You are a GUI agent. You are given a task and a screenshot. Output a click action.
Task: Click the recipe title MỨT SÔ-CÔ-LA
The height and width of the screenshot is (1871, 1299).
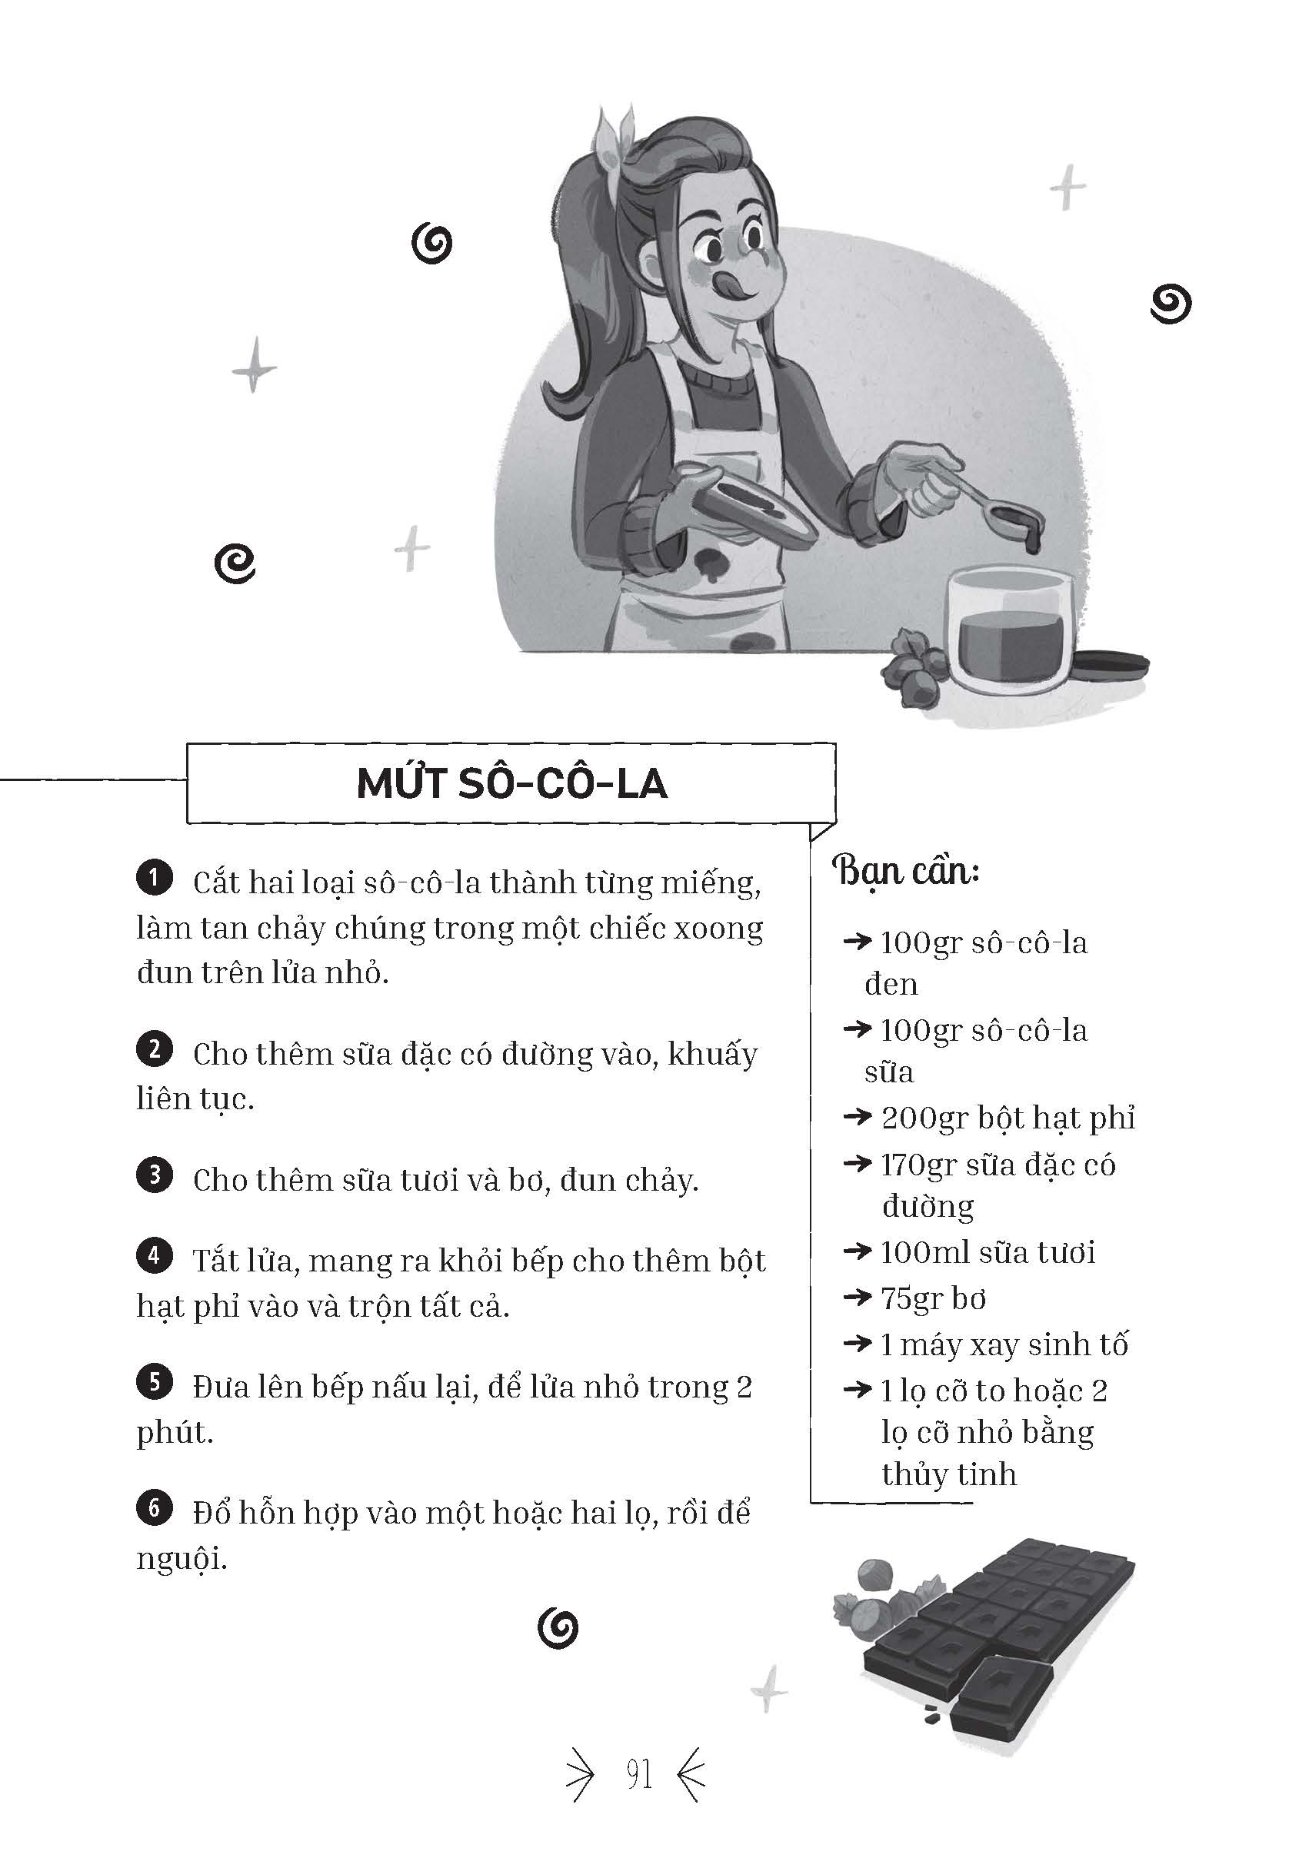(512, 783)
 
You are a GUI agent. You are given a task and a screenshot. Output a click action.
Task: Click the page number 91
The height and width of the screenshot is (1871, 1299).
(639, 1774)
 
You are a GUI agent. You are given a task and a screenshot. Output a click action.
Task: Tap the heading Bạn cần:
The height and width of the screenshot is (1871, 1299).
(905, 871)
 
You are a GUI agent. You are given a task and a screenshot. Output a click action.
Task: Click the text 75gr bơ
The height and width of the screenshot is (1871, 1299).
(934, 1299)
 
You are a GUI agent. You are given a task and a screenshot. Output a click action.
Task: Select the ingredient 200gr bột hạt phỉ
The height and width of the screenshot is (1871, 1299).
(1008, 1118)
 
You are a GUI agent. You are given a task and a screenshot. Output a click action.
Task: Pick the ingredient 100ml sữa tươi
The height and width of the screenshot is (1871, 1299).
(988, 1253)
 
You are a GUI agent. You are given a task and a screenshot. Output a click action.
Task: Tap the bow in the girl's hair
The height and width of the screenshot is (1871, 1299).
(617, 138)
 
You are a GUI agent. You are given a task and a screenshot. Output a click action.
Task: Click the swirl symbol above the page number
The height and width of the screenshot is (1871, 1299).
(558, 1628)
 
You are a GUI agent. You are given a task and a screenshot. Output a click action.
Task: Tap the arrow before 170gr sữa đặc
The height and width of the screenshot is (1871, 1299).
(857, 1164)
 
